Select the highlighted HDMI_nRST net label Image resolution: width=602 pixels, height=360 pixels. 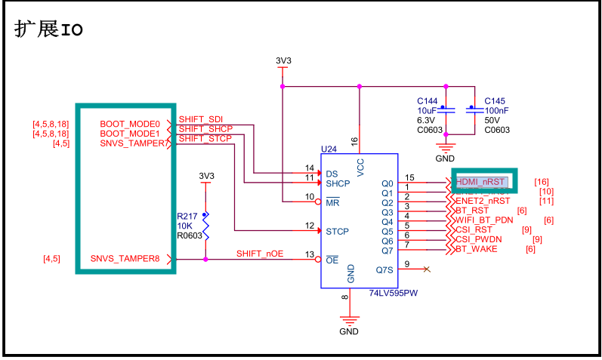click(x=480, y=183)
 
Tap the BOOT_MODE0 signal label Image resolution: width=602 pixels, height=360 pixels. click(x=130, y=124)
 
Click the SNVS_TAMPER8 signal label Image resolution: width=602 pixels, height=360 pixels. click(x=125, y=259)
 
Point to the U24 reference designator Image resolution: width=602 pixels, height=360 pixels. click(x=329, y=149)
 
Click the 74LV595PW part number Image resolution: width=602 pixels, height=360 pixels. click(x=394, y=293)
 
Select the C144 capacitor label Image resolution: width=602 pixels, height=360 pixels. click(x=427, y=101)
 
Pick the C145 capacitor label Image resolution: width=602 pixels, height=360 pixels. click(x=494, y=101)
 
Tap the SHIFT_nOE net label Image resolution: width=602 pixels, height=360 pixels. click(x=259, y=254)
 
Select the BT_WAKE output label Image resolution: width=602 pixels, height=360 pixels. click(x=476, y=249)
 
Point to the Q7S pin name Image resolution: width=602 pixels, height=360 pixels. click(x=384, y=269)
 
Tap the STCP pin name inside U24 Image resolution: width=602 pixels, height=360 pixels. click(x=337, y=231)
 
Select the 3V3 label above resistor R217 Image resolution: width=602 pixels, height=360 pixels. click(x=206, y=176)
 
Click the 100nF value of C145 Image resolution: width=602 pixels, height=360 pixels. click(x=496, y=110)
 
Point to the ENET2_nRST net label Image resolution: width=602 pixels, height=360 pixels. click(x=483, y=202)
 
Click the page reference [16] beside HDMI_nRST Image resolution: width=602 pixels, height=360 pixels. click(x=541, y=182)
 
